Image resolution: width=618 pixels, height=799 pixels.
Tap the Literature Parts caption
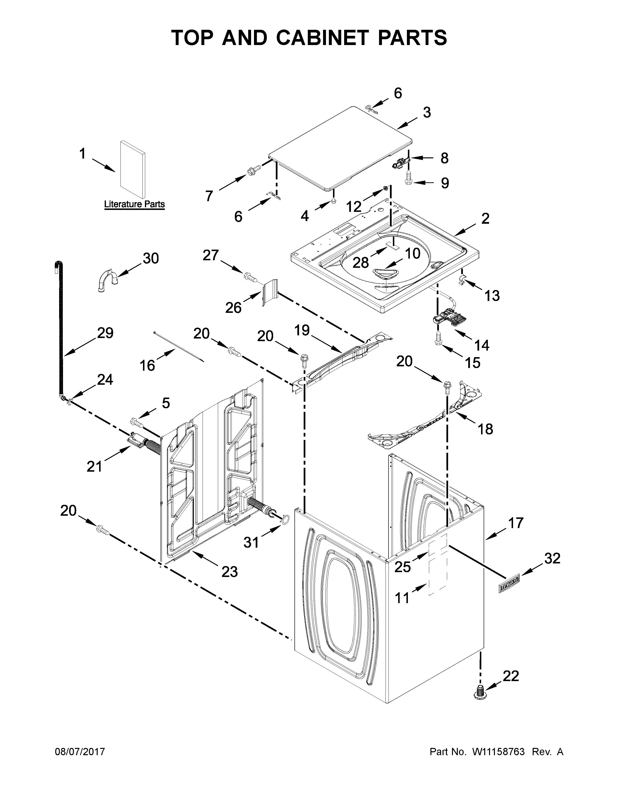pos(134,204)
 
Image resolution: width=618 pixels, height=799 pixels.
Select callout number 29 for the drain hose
pos(105,333)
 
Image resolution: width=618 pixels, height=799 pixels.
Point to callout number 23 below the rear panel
pos(230,571)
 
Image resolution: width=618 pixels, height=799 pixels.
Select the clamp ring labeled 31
pos(285,519)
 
